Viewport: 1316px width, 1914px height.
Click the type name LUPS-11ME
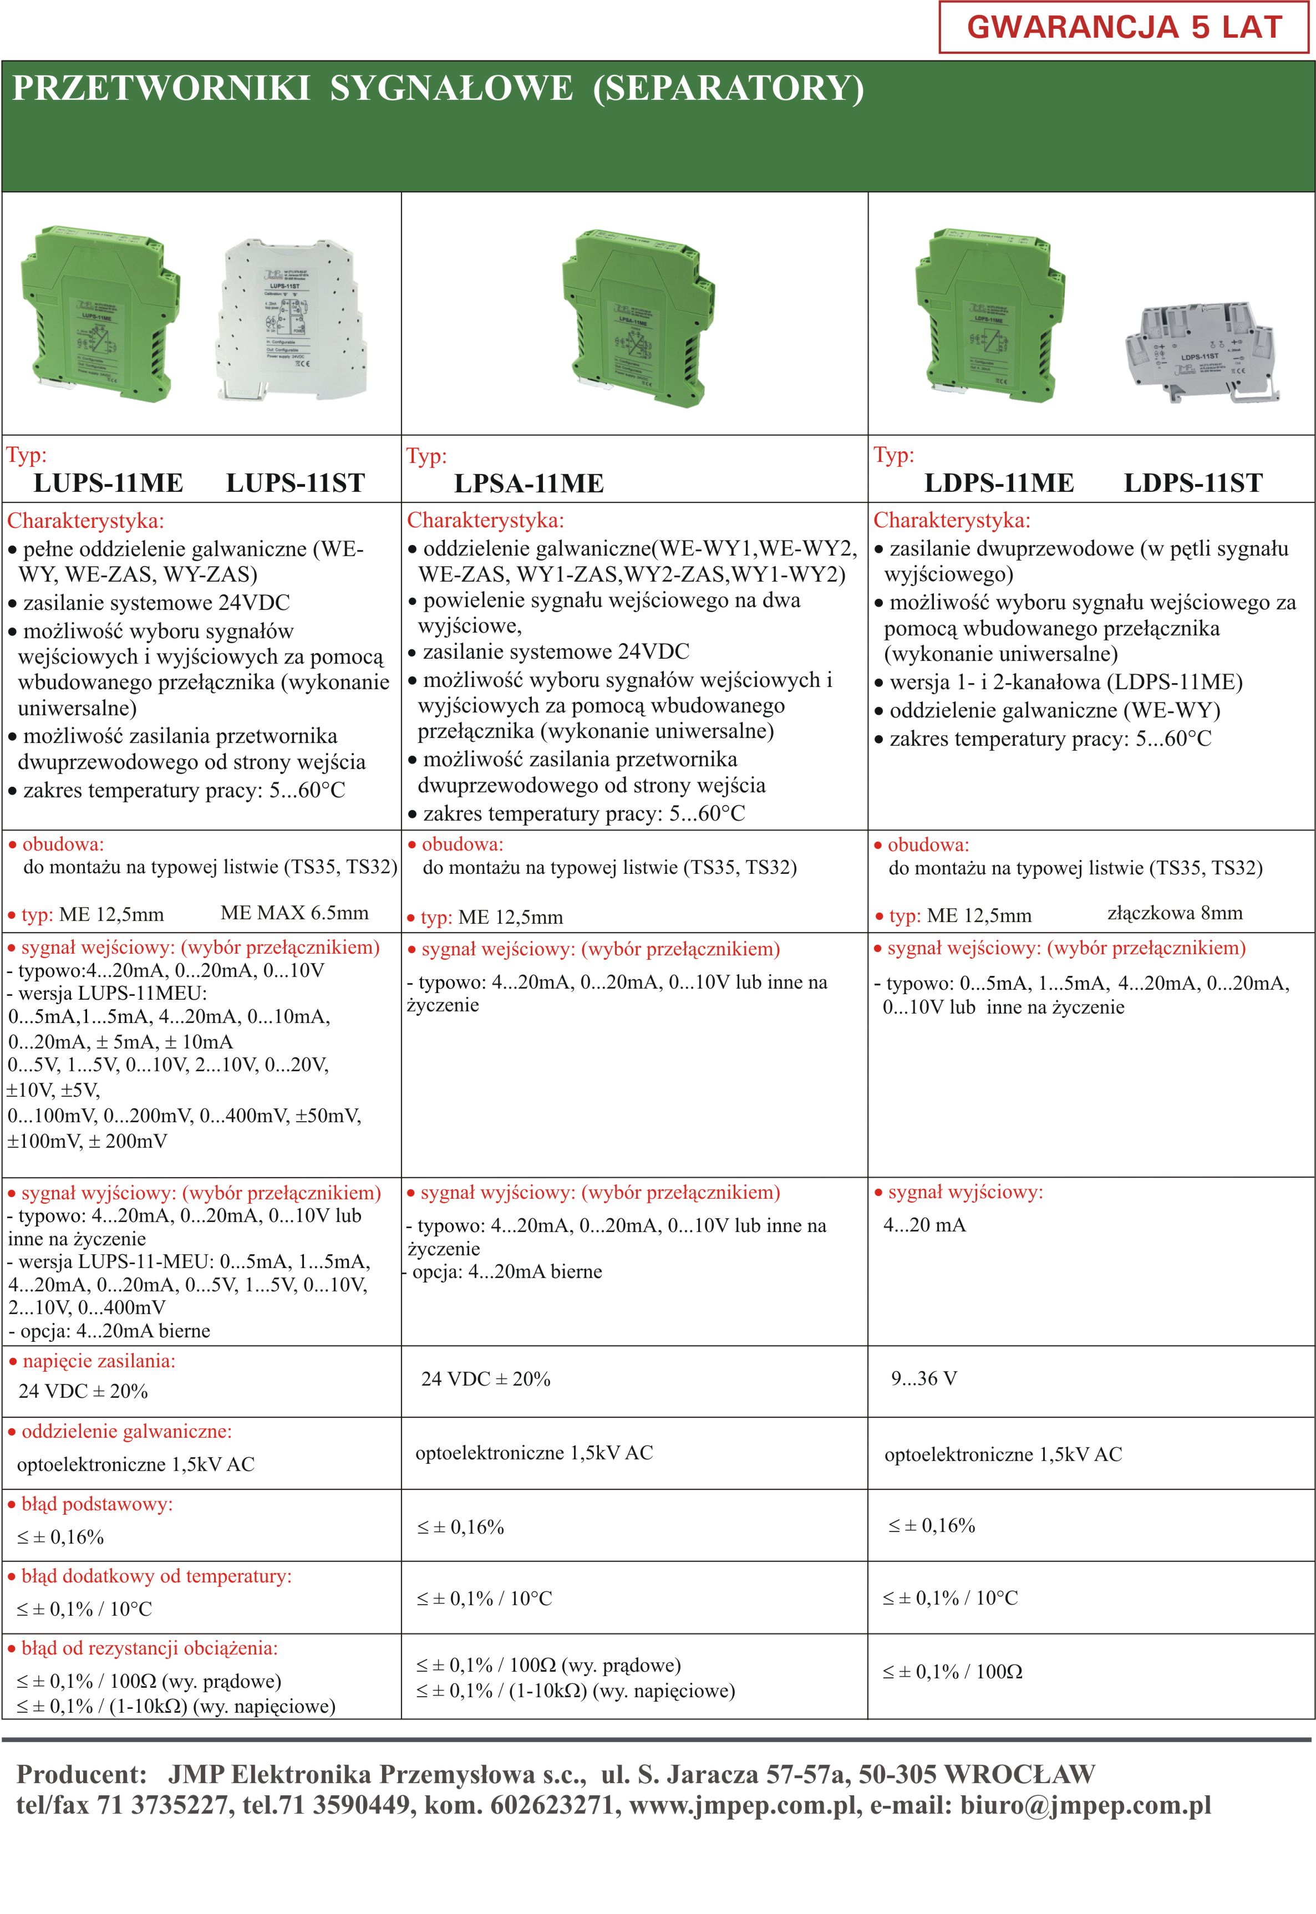108,483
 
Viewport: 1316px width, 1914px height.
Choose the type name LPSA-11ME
529,484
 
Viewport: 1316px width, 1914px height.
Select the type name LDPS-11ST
1192,483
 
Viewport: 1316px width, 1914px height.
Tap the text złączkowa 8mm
1174,913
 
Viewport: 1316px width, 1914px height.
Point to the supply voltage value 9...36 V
923,1379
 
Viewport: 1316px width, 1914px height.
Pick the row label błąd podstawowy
96,1504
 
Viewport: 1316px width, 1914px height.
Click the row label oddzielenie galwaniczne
126,1432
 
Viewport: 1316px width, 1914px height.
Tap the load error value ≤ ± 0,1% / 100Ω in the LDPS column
952,1672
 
